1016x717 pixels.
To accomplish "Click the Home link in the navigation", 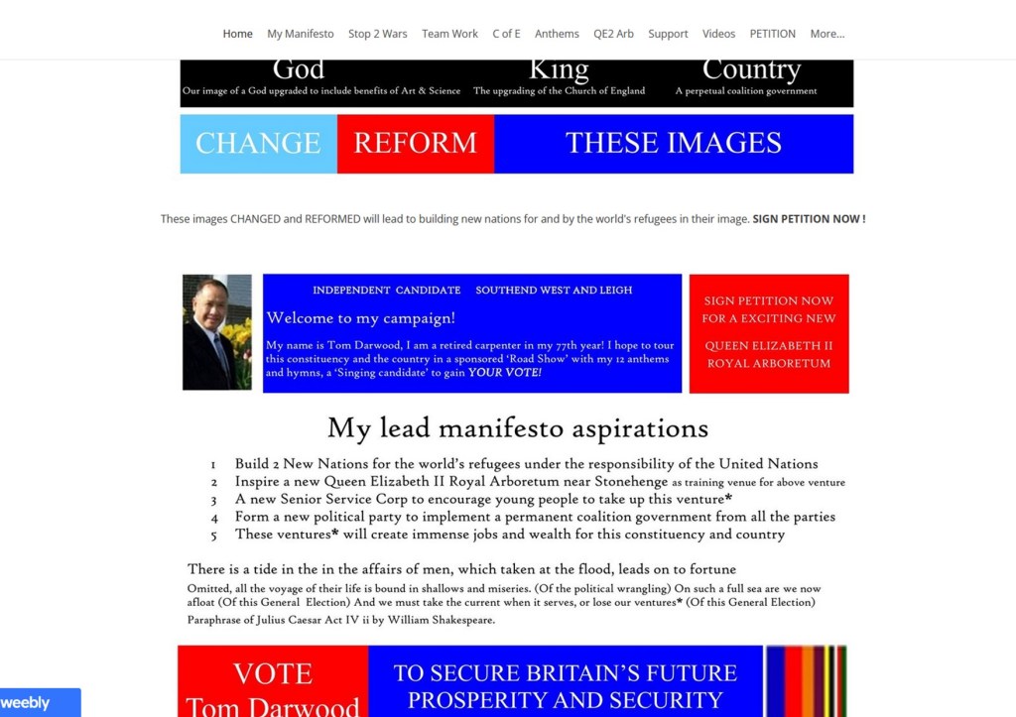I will coord(237,34).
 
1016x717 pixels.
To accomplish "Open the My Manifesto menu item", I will coord(300,34).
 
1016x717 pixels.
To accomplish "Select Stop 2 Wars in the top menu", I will coord(377,34).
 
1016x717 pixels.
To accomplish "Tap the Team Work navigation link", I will coord(449,34).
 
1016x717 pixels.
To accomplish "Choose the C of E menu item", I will coord(506,34).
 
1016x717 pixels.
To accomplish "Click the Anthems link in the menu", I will coord(557,34).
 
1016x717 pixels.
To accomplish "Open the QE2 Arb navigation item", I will coord(613,34).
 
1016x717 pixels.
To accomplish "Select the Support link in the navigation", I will coord(668,34).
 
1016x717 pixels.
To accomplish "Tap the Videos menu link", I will coord(718,34).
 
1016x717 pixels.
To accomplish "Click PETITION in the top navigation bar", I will coord(772,34).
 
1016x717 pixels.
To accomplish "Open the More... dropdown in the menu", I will coord(826,34).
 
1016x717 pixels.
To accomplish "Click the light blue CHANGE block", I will coord(258,144).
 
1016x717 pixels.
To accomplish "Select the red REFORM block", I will coord(415,144).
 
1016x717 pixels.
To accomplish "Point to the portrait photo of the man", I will coord(217,332).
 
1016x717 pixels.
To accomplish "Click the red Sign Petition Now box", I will coord(769,333).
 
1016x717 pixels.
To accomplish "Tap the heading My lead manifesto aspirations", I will coord(518,428).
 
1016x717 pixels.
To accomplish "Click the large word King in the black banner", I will coord(559,70).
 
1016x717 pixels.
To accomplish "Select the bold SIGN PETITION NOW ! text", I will coord(809,219).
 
